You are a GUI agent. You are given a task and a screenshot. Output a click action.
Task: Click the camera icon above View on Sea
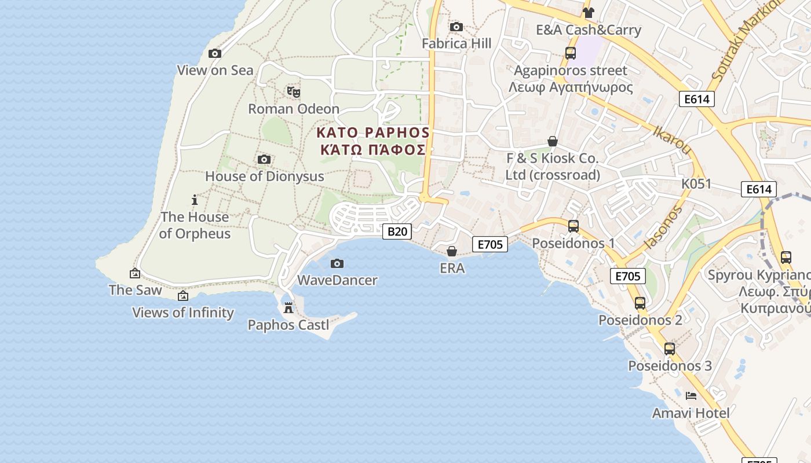(x=215, y=54)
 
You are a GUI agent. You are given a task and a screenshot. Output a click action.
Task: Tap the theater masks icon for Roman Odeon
(x=294, y=91)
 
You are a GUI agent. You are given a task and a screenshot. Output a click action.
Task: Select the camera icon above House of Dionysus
(x=264, y=159)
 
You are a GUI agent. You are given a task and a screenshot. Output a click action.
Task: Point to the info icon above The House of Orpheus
(x=195, y=200)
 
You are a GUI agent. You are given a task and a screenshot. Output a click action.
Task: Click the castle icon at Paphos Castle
(x=288, y=308)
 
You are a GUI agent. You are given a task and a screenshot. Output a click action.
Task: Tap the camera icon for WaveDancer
(x=337, y=264)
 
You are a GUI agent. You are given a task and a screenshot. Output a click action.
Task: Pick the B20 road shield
(x=397, y=231)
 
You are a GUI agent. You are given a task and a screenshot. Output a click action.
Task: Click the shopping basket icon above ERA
(x=452, y=251)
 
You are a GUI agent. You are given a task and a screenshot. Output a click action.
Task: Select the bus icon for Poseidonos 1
(x=573, y=226)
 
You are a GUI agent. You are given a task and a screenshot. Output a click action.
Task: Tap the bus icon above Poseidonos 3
(x=670, y=349)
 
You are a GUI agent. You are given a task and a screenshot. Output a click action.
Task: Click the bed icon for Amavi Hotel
(x=691, y=396)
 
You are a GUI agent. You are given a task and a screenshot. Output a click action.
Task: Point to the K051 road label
(x=696, y=184)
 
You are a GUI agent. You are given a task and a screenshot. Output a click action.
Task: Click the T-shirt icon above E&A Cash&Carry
(x=589, y=13)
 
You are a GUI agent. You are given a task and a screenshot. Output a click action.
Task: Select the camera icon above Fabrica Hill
(x=456, y=27)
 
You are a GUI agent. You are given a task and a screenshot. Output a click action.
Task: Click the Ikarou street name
(x=672, y=140)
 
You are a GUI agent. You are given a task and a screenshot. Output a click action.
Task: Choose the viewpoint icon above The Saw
(x=135, y=273)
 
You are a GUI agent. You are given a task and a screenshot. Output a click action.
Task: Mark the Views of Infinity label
(x=183, y=313)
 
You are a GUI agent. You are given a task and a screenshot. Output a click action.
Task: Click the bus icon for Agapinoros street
(x=571, y=54)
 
